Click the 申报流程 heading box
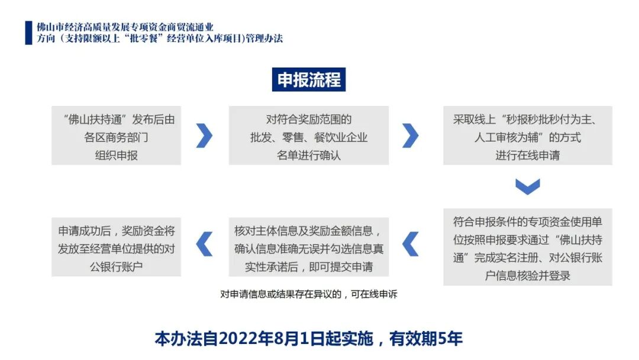click(309, 80)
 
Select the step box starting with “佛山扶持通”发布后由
click(117, 136)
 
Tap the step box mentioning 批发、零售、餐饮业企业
click(308, 136)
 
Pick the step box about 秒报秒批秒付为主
click(528, 136)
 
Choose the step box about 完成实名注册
click(528, 247)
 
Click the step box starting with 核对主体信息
click(308, 247)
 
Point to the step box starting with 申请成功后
click(117, 247)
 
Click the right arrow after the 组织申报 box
click(204, 136)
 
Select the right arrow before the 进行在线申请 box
click(410, 136)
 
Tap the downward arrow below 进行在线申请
click(527, 187)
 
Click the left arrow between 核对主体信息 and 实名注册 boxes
click(410, 243)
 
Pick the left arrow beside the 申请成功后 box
click(204, 243)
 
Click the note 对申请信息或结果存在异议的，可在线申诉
click(308, 294)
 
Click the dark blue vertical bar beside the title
click(28, 33)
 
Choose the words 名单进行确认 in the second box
click(308, 156)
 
